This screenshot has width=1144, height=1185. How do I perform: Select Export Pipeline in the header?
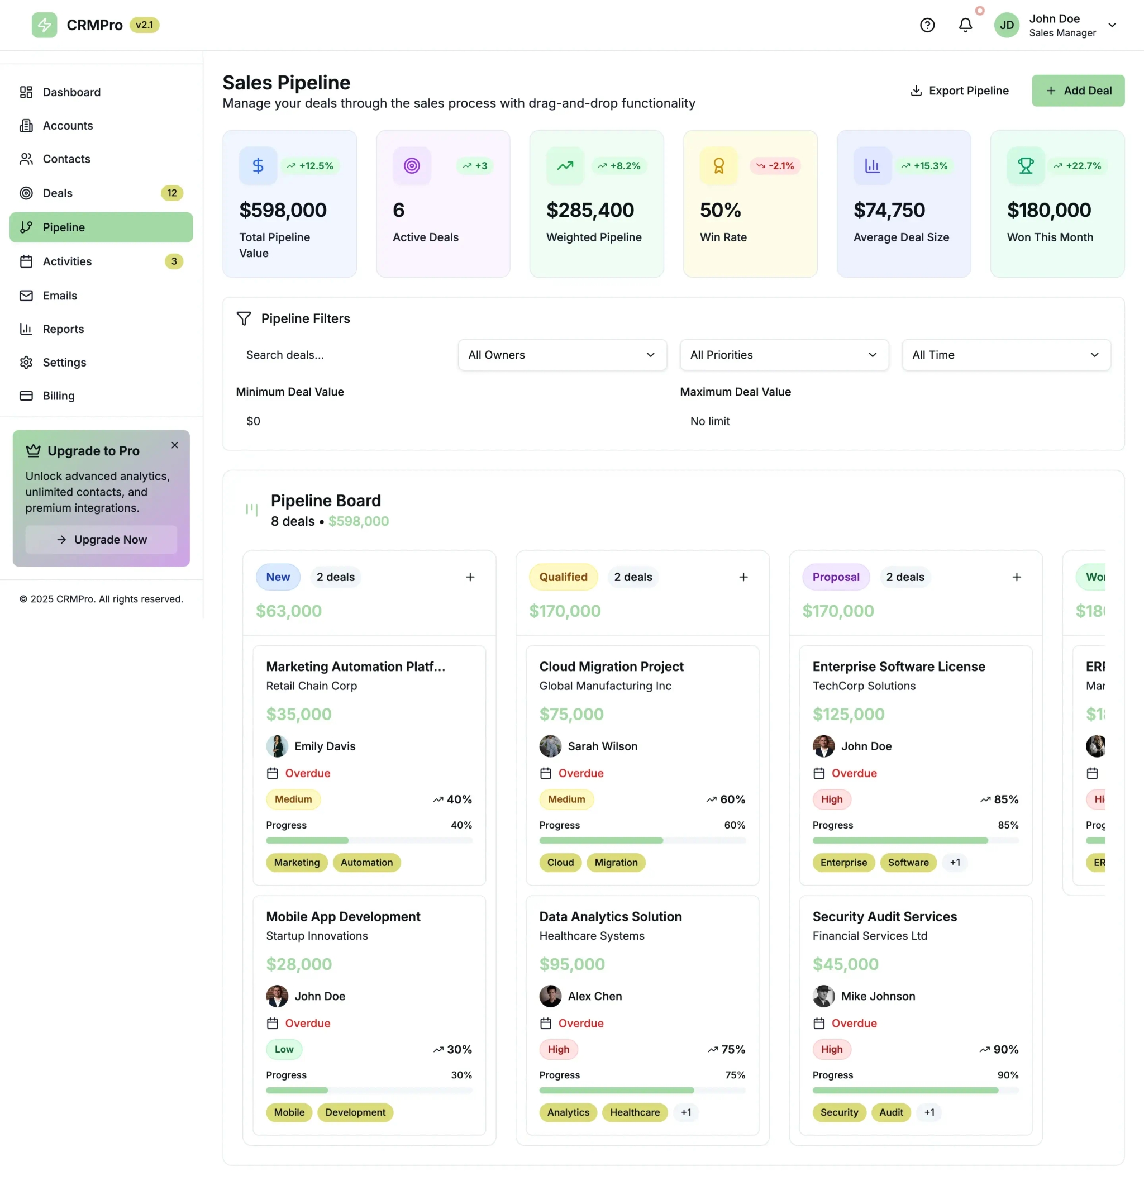[959, 91]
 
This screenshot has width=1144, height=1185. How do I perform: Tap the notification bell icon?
[965, 25]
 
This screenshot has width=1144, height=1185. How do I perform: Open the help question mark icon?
[927, 25]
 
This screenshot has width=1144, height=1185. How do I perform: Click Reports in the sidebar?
[63, 329]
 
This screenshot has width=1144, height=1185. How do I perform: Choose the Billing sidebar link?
[59, 396]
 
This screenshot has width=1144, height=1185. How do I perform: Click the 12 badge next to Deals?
[171, 193]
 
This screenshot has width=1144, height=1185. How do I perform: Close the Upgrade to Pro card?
[175, 445]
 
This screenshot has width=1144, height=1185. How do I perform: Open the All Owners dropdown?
[561, 355]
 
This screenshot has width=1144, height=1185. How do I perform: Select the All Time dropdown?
[1005, 355]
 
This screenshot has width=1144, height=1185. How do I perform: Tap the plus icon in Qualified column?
[743, 577]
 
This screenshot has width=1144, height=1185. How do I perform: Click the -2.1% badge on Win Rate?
[775, 166]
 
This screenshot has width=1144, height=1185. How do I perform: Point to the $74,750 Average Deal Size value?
[888, 211]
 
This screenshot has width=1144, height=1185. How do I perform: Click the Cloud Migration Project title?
[611, 667]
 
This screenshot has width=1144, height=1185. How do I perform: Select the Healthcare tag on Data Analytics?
[634, 1112]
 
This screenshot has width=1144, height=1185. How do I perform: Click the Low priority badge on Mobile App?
[283, 1049]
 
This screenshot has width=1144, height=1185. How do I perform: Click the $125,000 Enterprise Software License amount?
[848, 714]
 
